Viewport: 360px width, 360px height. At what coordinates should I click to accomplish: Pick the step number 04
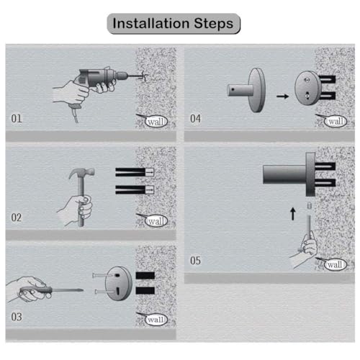pos(196,117)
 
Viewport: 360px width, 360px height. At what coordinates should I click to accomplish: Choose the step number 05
pos(196,260)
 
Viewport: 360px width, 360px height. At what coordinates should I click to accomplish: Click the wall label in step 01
pos(154,121)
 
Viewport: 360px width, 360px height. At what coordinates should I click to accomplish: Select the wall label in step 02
pos(156,220)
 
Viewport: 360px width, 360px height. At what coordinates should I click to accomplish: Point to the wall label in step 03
pos(156,319)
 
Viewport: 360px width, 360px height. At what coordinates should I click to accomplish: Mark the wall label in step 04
pos(336,121)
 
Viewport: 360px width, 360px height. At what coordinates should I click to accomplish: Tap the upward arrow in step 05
pos(292,213)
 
